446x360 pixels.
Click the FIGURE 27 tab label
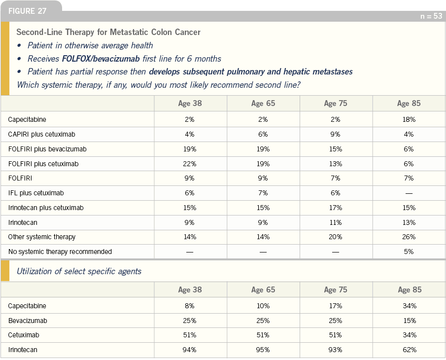(27, 11)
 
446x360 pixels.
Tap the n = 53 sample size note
(431, 16)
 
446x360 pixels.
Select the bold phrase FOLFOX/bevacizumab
(101, 59)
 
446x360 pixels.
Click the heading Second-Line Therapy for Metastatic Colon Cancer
(108, 32)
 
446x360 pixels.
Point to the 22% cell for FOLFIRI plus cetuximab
(190, 164)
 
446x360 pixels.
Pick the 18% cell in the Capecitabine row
(409, 119)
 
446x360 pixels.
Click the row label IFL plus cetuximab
(36, 193)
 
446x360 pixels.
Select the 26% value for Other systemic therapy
(409, 237)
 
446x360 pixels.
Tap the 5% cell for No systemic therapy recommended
(409, 252)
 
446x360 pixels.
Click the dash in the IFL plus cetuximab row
(409, 193)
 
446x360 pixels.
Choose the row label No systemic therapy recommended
(60, 252)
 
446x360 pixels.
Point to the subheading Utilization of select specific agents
(79, 271)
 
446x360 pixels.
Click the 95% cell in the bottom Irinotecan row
(263, 350)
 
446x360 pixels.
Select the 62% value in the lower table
(410, 350)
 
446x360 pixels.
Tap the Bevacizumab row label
(28, 321)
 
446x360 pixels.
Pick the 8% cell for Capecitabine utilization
(190, 306)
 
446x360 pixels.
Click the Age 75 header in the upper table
(336, 103)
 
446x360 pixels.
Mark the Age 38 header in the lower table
(190, 289)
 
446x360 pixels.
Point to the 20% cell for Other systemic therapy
(336, 237)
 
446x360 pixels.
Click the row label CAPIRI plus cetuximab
(42, 134)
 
